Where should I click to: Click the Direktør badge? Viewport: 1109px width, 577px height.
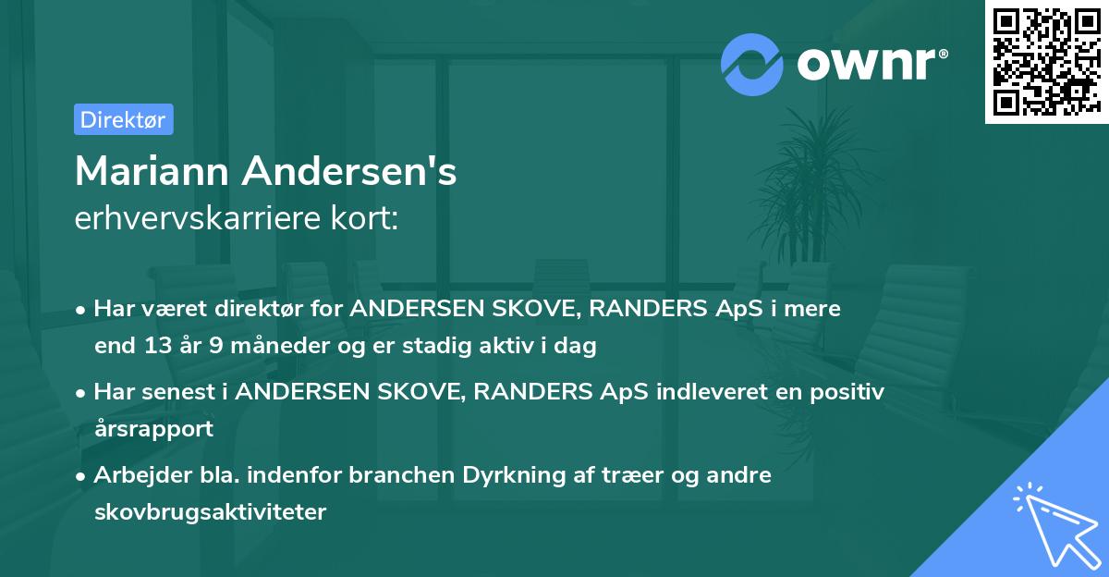(x=123, y=119)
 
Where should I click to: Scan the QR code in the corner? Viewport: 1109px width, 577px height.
(x=1046, y=61)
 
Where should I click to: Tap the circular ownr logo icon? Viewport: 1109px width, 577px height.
(x=752, y=64)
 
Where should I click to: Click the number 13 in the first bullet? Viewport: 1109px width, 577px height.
(x=154, y=347)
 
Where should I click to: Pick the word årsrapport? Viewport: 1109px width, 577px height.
(x=153, y=429)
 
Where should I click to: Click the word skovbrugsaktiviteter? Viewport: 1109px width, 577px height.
(x=210, y=511)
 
